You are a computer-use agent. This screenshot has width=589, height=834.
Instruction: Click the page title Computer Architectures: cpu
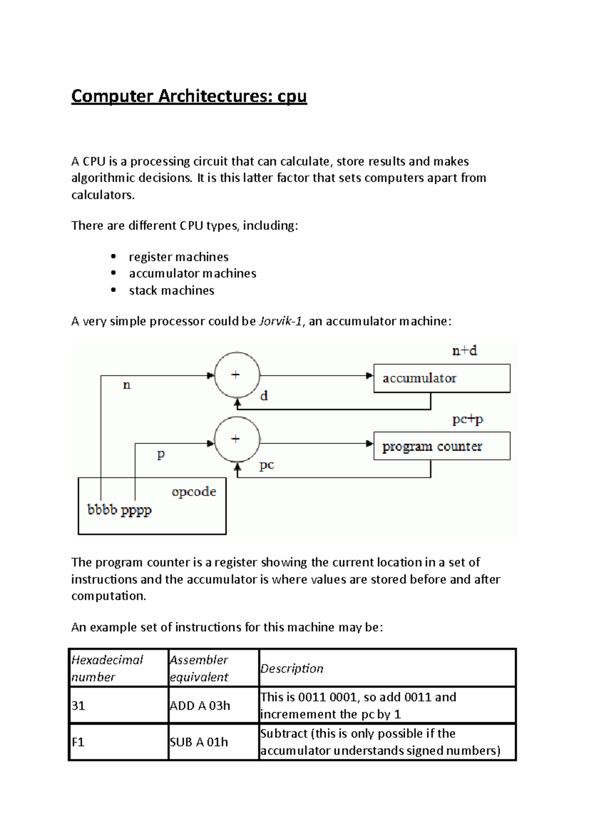(x=189, y=96)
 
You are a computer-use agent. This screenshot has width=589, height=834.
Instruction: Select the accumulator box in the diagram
(x=442, y=378)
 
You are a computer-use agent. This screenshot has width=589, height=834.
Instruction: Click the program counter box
(x=442, y=446)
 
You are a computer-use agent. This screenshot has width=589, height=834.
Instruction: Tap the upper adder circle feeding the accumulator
(x=237, y=375)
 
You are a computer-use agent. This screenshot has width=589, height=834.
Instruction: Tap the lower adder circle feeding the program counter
(x=237, y=440)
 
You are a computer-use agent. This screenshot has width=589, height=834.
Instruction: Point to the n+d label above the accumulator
(x=464, y=351)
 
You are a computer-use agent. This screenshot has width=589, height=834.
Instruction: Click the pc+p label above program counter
(x=467, y=419)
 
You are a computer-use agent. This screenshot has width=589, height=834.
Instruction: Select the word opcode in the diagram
(x=194, y=492)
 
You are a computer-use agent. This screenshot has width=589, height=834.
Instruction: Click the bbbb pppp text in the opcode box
(x=119, y=510)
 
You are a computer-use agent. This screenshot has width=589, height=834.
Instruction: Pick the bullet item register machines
(x=179, y=257)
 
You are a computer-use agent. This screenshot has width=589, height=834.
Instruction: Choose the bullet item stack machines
(x=171, y=290)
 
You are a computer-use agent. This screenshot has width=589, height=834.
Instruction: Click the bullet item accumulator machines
(x=192, y=274)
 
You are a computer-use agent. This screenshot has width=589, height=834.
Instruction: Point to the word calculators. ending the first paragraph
(x=103, y=195)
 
